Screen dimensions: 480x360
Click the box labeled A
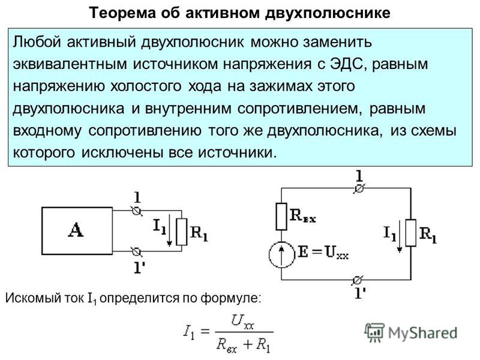(77, 231)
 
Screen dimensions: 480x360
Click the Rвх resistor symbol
(281, 217)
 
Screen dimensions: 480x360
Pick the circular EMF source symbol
(281, 254)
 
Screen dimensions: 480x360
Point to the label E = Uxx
(323, 253)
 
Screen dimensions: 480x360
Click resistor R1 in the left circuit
(182, 232)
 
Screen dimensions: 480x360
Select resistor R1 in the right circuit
(411, 233)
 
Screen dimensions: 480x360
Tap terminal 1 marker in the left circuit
(137, 211)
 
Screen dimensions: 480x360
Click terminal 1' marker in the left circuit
(137, 251)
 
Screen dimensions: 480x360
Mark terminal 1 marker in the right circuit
(359, 188)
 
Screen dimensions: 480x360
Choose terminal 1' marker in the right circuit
(357, 280)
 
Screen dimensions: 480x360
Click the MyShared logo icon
(374, 332)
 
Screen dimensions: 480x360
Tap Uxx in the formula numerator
(242, 322)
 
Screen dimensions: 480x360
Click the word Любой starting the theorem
(37, 42)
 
